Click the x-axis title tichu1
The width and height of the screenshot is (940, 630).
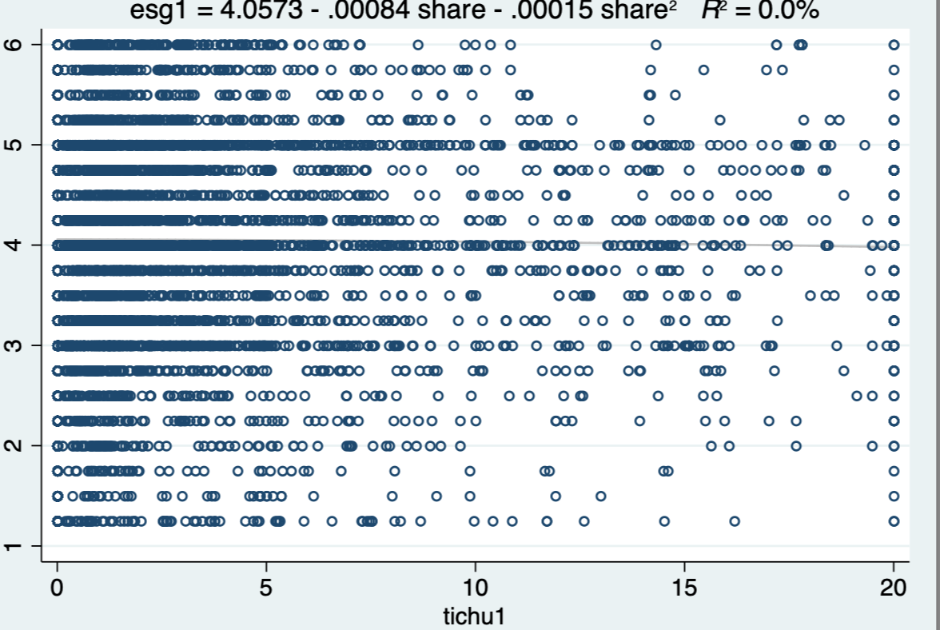[475, 616]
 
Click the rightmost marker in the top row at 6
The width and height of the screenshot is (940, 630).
[894, 45]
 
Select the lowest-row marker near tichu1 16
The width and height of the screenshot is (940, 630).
[734, 521]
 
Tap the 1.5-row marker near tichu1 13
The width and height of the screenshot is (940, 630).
[600, 496]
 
